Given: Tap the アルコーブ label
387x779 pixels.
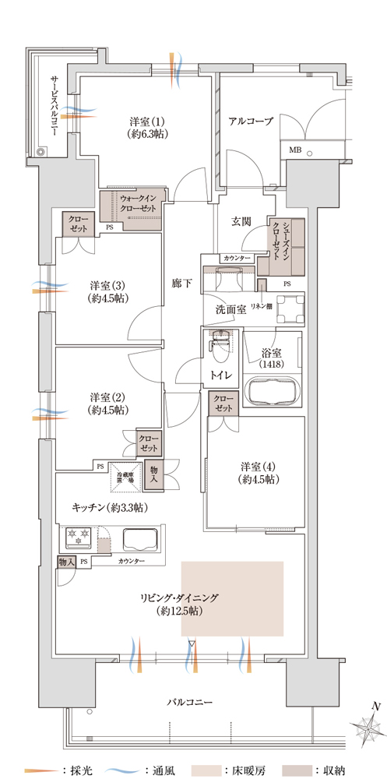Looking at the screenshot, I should pos(250,122).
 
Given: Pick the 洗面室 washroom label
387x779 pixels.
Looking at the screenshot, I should pos(230,309).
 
